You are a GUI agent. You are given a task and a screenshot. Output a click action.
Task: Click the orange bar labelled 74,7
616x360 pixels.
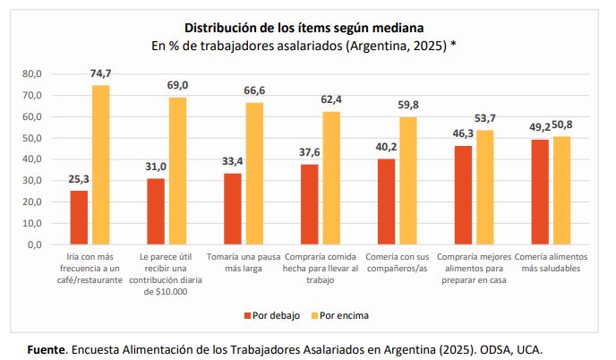(x=100, y=164)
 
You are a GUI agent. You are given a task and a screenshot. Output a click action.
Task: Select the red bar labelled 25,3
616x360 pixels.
(x=79, y=217)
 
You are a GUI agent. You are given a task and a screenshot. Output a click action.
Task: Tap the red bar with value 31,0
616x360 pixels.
(x=156, y=210)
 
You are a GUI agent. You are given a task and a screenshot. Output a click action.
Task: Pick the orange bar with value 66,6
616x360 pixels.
(x=254, y=173)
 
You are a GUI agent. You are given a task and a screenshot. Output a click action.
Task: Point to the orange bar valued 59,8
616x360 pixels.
(x=407, y=180)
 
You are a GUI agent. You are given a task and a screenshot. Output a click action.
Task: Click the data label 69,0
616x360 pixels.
(x=177, y=85)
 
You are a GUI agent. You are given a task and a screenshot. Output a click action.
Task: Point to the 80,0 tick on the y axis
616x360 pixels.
(x=33, y=73)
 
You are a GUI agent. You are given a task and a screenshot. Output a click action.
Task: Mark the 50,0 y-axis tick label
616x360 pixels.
(x=33, y=138)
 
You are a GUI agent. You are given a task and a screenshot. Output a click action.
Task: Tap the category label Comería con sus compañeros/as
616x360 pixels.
(x=397, y=263)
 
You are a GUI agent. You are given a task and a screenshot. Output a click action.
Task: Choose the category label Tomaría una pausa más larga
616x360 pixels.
(x=243, y=263)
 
